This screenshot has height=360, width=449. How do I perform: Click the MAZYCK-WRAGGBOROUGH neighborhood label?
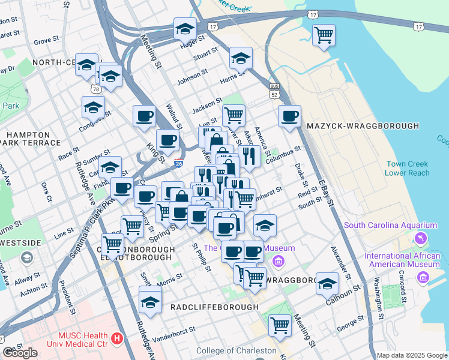point(362,126)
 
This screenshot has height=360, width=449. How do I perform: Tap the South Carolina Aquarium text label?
point(390,226)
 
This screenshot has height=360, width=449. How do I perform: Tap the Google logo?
point(20,353)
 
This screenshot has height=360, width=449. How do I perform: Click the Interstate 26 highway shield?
point(178,163)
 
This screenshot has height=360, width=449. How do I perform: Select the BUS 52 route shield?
point(275,91)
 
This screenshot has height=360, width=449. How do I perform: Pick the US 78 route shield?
point(96,89)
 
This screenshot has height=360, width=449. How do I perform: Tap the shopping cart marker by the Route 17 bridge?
point(324,35)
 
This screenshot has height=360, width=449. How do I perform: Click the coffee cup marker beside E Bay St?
point(289,116)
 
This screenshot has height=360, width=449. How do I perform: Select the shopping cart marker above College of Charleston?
point(280,325)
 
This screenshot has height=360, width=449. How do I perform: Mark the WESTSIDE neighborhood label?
point(21,243)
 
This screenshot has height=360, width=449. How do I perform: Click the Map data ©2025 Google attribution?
point(411,355)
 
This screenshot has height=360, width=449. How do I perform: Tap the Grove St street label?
point(46,41)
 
